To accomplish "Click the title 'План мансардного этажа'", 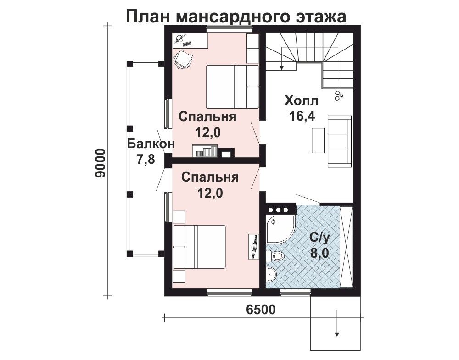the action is click(x=236, y=17).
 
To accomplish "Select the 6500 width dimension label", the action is click(x=261, y=310).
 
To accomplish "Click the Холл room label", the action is click(x=302, y=101).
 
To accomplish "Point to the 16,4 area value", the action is click(x=302, y=116).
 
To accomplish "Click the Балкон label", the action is click(x=151, y=144).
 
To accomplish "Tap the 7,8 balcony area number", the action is click(x=146, y=160).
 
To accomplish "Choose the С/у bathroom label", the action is click(x=320, y=239).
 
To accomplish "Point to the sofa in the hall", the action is click(x=340, y=141).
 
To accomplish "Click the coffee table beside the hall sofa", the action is click(x=318, y=140).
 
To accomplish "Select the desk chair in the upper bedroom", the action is click(x=184, y=59).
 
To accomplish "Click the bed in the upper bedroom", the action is click(x=232, y=87).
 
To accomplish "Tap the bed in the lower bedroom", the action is click(x=199, y=247).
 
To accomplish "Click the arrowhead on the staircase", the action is click(x=281, y=67).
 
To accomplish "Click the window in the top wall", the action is click(x=229, y=28).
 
